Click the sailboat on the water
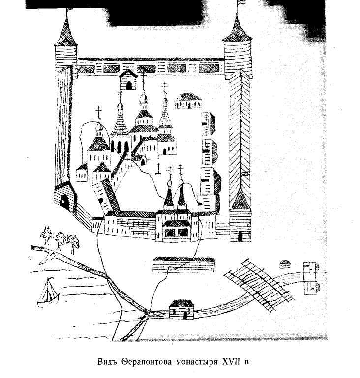point(48,291)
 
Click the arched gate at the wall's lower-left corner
point(64,200)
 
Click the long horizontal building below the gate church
point(184,264)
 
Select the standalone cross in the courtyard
point(158,169)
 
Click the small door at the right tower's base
point(240,235)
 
